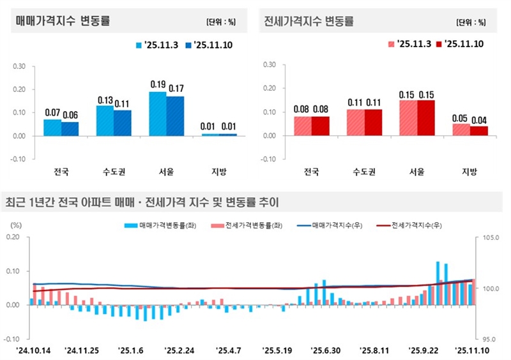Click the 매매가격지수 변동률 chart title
(63, 21)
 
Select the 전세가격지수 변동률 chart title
(309, 21)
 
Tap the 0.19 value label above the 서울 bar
(158, 84)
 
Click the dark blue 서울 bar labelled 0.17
(175, 116)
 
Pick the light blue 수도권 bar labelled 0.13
(105, 121)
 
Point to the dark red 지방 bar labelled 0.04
(478, 131)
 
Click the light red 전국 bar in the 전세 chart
(303, 126)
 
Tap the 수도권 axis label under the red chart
(364, 172)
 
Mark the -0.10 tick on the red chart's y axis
(268, 159)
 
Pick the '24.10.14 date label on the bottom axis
(33, 350)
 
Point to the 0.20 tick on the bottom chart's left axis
(13, 237)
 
